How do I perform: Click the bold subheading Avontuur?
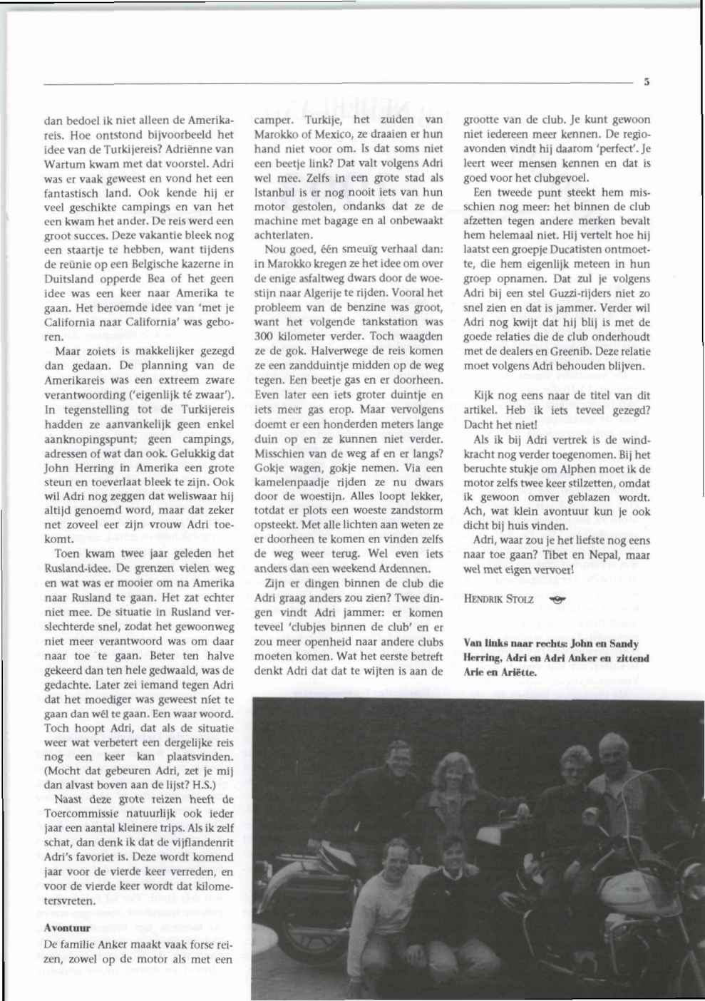click(x=67, y=928)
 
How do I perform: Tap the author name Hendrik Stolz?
click(x=498, y=599)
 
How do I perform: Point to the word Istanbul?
click(x=272, y=191)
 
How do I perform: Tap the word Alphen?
click(x=590, y=469)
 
